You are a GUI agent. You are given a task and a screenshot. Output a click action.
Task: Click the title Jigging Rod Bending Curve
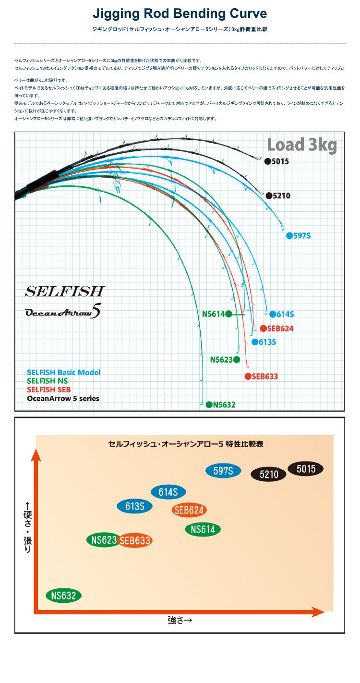[x=180, y=13]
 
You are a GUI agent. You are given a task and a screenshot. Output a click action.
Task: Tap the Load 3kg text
[x=301, y=145]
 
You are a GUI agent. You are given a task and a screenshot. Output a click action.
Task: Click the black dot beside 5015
[x=267, y=161]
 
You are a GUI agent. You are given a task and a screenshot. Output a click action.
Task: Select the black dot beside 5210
[x=269, y=195]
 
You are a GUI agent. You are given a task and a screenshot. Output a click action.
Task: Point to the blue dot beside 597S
[x=289, y=235]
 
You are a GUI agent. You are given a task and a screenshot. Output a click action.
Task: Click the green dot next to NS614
[x=228, y=314]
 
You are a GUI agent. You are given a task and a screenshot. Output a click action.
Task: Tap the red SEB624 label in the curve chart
[x=280, y=329]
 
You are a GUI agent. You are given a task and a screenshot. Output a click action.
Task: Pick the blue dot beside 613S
[x=254, y=342]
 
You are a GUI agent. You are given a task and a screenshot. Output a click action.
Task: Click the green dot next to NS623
[x=236, y=359]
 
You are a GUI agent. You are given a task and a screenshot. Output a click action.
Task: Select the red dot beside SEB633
[x=248, y=377]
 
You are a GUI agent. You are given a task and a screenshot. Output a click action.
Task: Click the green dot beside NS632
[x=209, y=404]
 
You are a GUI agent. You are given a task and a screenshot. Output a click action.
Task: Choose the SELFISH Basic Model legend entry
[x=64, y=372]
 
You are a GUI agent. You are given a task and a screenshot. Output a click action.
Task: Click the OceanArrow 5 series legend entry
[x=63, y=398]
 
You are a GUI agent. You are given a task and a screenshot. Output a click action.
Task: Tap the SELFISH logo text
[x=64, y=291]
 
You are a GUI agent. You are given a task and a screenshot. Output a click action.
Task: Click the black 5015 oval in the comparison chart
[x=305, y=469]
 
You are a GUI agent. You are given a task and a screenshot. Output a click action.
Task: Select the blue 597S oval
[x=223, y=471]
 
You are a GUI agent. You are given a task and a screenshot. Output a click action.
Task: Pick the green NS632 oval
[x=64, y=596]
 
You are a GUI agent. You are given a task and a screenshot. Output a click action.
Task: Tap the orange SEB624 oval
[x=189, y=510]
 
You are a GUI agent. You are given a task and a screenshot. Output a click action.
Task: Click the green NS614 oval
[x=203, y=530]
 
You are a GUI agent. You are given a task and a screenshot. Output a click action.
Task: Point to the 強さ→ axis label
[x=180, y=620]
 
